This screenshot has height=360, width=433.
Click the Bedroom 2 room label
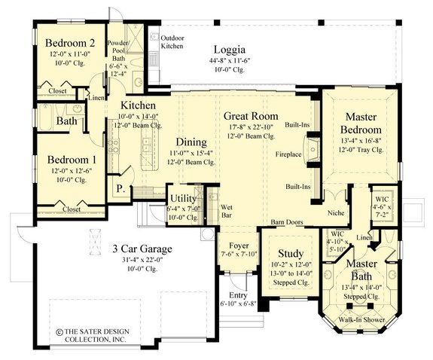(x=70, y=43)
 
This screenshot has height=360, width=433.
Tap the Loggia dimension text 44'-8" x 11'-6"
(x=230, y=60)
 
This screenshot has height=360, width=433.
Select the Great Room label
(x=251, y=116)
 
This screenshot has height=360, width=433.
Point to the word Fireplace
(x=288, y=154)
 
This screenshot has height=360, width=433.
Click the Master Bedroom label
(x=361, y=124)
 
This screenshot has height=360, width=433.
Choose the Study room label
(x=291, y=253)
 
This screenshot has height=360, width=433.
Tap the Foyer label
(x=239, y=246)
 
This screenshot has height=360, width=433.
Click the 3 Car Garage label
(x=142, y=249)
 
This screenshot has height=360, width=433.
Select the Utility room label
(x=183, y=198)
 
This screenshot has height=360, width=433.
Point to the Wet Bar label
(x=227, y=212)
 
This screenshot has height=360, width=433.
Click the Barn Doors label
(x=287, y=222)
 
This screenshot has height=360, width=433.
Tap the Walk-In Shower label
(x=361, y=319)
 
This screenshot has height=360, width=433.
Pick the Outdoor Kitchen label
(x=172, y=42)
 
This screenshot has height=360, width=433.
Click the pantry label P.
(x=120, y=189)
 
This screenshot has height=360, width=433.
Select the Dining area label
(x=191, y=142)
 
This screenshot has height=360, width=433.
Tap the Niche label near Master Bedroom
(x=336, y=213)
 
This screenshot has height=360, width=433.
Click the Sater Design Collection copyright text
(x=93, y=335)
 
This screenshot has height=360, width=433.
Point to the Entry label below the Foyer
(x=238, y=295)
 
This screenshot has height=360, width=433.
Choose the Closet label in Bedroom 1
(x=72, y=209)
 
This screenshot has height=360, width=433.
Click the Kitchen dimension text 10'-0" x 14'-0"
(x=138, y=116)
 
